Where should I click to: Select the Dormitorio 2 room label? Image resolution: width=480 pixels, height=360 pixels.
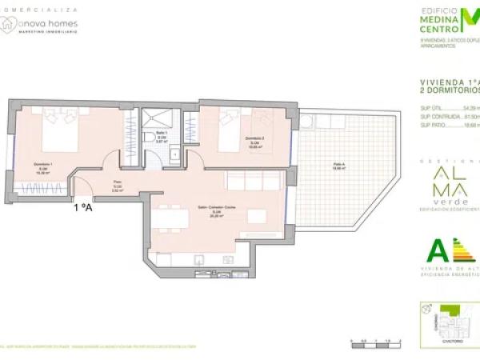click(x=256, y=141)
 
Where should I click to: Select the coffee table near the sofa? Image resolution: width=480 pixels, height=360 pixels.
click(x=256, y=217)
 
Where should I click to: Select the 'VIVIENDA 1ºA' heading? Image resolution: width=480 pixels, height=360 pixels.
click(x=448, y=82)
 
